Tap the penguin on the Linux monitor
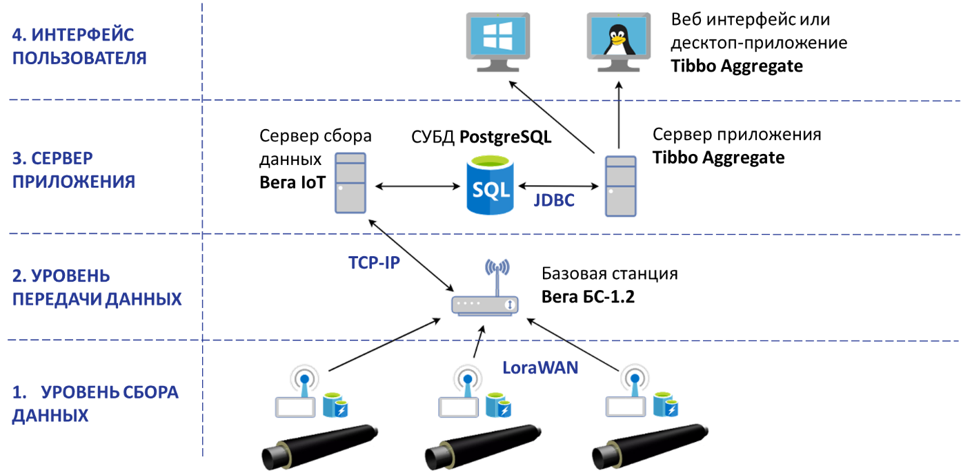619,38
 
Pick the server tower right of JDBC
620,186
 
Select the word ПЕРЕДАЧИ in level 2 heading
53,299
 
